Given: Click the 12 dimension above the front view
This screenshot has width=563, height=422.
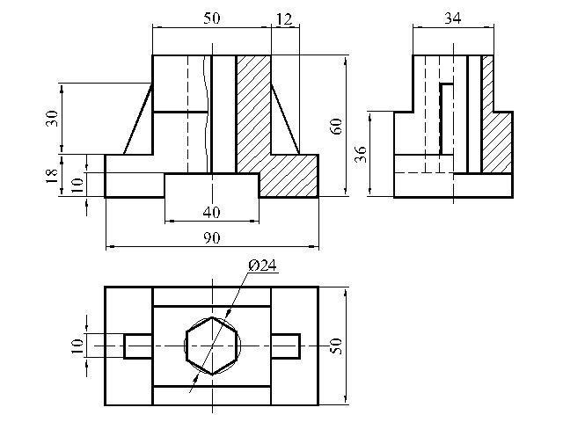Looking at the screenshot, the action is coord(284,19).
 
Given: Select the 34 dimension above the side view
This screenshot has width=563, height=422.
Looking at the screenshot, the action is coord(453,18).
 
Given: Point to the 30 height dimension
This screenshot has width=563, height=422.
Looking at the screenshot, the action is coord(51,118).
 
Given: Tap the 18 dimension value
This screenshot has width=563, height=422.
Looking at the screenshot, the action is coord(51,176).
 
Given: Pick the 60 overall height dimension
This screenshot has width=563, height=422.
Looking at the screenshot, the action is coord(336,126).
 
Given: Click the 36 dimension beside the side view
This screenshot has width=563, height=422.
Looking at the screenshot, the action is coord(361,154).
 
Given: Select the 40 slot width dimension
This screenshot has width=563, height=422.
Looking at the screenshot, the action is coord(211,213).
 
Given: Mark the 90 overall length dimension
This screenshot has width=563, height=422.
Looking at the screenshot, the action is coord(212,237).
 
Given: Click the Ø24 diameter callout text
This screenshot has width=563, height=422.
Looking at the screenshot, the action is coord(262,266).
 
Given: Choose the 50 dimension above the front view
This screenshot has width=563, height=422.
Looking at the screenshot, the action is coord(211,18).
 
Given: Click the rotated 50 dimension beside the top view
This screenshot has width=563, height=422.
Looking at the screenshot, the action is coord(336,346).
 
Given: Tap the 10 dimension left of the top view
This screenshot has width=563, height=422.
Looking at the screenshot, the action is coord(77,346).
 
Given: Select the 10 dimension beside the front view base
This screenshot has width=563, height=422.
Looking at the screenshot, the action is coord(77,185).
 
